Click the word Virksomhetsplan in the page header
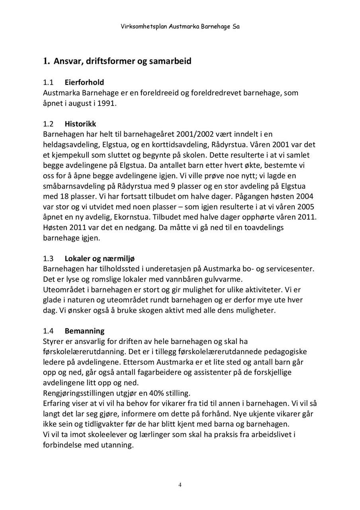tap(144, 27)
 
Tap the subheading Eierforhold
tap(84, 82)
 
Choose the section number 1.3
tap(48, 259)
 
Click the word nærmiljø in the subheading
tap(123, 259)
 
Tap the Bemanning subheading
tap(84, 331)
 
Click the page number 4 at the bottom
tap(180, 485)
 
